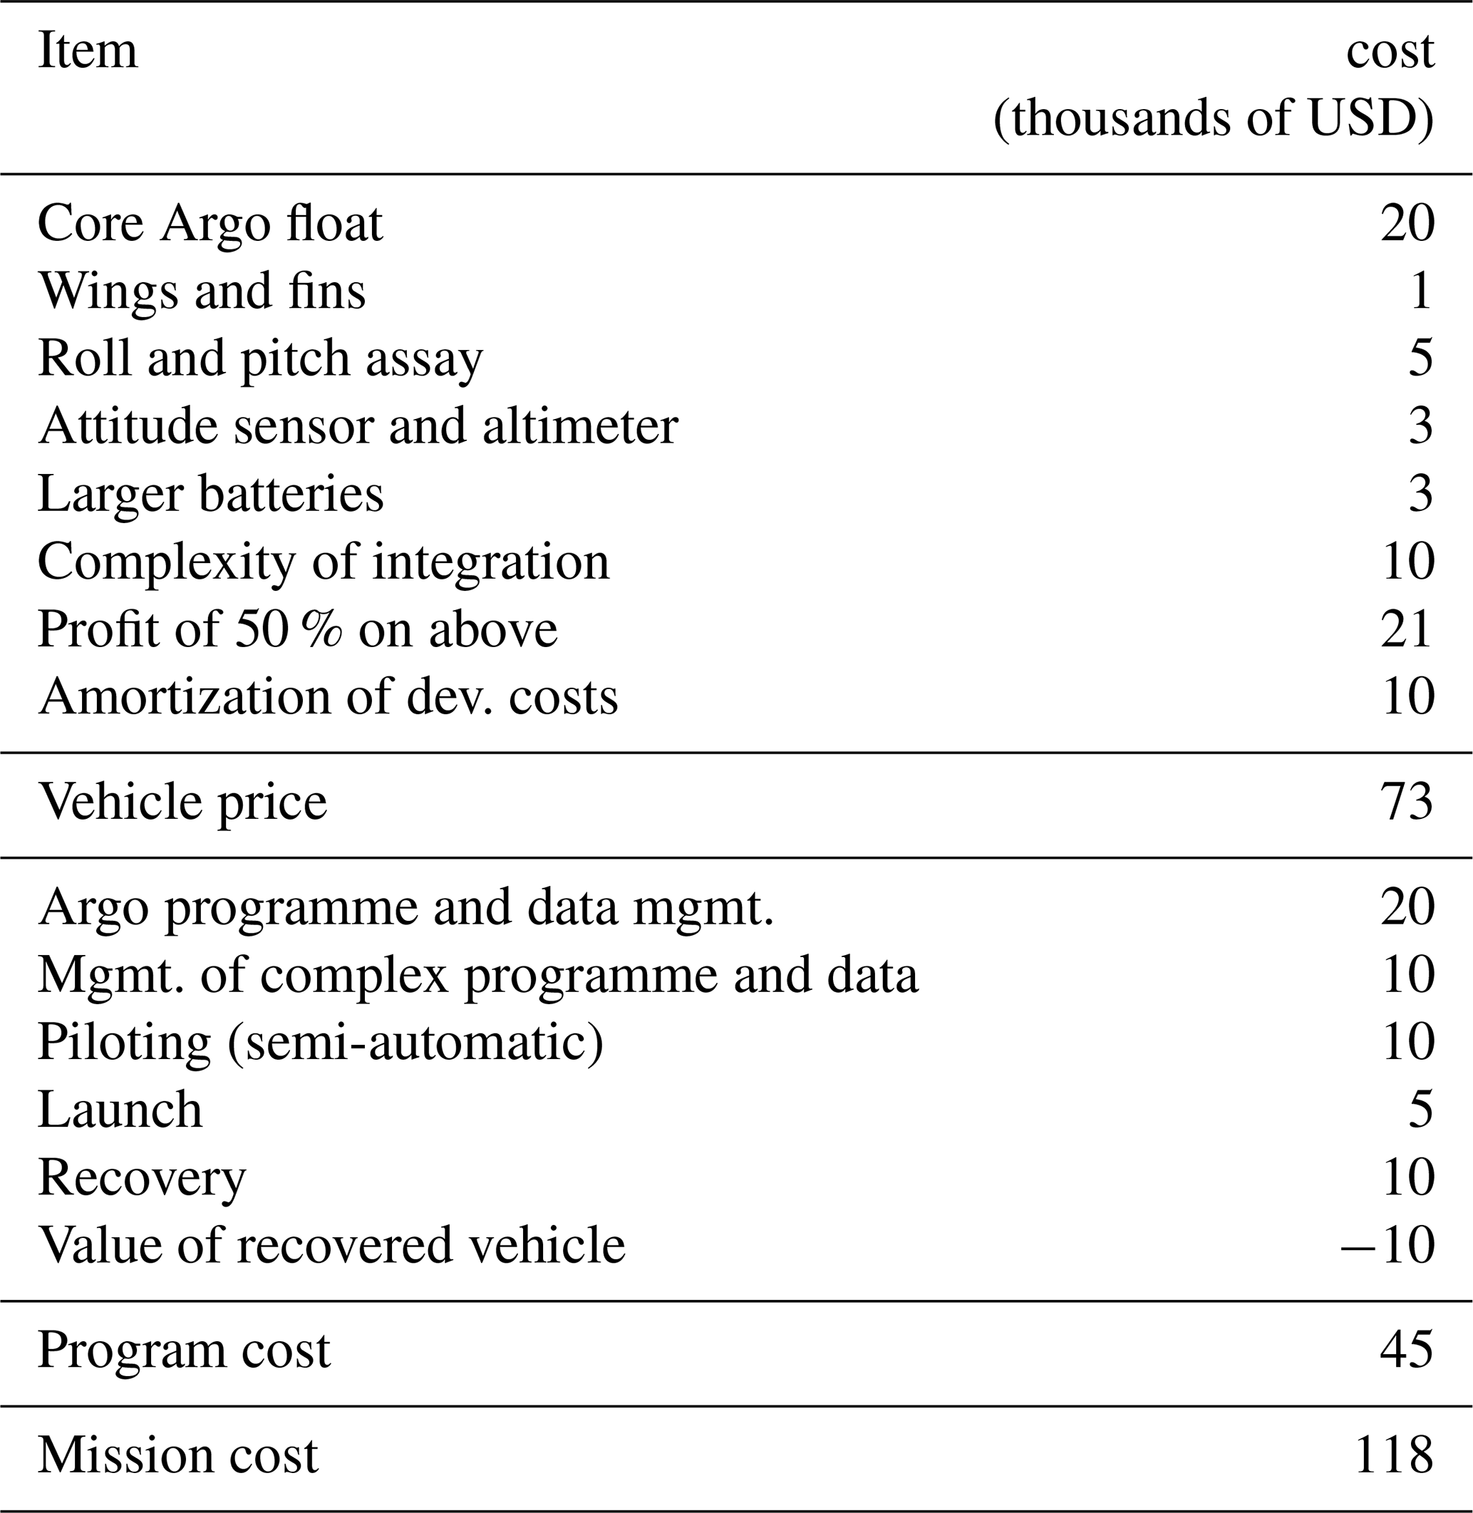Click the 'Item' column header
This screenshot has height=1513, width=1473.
(88, 51)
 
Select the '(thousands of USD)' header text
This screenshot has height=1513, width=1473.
(1213, 119)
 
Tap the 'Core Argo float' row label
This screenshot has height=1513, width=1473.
(210, 224)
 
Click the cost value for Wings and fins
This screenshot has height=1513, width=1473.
(1420, 291)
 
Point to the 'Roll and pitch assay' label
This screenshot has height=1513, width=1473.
(260, 360)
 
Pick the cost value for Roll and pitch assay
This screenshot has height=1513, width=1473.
(1420, 359)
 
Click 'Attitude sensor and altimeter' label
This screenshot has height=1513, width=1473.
(358, 426)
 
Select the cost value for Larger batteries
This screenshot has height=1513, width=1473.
(1420, 495)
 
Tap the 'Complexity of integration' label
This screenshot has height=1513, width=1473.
(324, 562)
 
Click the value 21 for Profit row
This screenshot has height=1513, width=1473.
(1407, 629)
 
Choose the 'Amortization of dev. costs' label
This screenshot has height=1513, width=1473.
(328, 697)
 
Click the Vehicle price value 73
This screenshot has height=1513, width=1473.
(1407, 802)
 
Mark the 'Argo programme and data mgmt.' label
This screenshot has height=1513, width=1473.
(405, 907)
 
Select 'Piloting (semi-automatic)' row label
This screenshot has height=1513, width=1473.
(320, 1043)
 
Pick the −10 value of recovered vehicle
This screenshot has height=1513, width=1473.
(1388, 1245)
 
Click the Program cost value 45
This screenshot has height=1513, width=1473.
(1407, 1351)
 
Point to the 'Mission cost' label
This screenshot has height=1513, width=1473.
(178, 1456)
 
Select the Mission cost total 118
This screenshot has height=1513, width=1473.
(1394, 1456)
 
